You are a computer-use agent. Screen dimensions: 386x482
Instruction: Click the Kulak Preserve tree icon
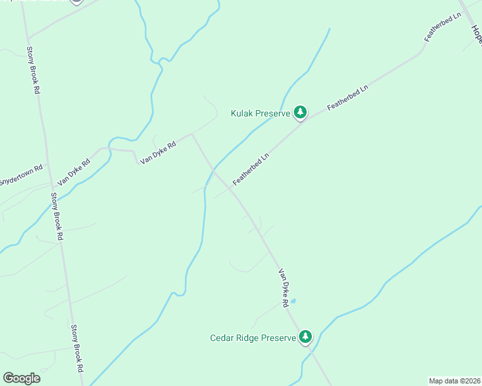(300, 113)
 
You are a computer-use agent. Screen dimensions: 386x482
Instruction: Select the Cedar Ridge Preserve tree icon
(305, 337)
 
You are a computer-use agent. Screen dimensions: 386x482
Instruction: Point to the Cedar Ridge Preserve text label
(253, 338)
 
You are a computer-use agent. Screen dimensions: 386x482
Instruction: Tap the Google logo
(21, 378)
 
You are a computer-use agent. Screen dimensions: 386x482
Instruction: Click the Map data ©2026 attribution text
(454, 380)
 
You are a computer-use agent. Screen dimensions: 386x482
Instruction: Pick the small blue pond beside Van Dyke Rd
(293, 300)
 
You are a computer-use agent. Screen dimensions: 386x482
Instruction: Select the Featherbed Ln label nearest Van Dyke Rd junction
(250, 169)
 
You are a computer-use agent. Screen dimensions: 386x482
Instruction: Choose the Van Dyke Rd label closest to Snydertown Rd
(73, 174)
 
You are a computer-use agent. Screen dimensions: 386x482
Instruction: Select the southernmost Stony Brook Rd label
(77, 348)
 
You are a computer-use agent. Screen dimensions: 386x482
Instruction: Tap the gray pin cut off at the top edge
(76, 1)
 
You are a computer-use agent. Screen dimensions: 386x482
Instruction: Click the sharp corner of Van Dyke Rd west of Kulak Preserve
(192, 134)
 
